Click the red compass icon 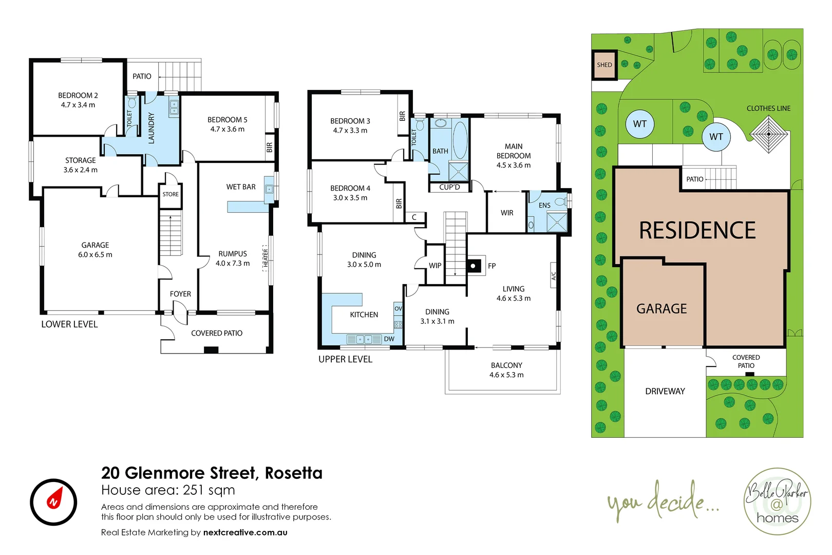(53, 502)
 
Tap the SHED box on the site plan (604, 65)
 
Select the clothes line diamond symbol (768, 134)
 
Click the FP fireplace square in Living (473, 266)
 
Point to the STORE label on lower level (171, 194)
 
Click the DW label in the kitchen (389, 339)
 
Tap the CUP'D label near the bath (449, 187)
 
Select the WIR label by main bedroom (507, 213)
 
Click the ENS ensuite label (544, 205)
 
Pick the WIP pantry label (435, 266)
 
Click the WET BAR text (241, 187)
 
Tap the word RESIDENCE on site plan (697, 230)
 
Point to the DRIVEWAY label (665, 391)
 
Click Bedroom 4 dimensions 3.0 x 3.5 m (350, 197)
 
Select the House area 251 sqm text (168, 490)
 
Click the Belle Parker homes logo (777, 502)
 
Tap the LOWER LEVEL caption (69, 324)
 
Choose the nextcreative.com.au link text (245, 532)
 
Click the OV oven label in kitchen (398, 308)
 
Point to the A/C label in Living (554, 276)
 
